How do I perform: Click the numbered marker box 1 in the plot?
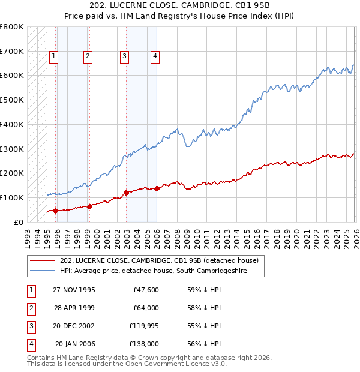pos(53,57)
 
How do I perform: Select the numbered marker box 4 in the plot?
pos(155,57)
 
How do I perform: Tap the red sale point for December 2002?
pos(127,193)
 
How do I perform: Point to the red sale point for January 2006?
pos(157,188)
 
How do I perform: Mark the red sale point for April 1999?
pos(89,206)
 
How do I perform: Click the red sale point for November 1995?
pos(56,211)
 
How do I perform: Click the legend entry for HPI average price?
pos(161,271)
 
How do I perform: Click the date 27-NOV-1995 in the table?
pos(74,290)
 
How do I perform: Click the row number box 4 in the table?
pos(31,344)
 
